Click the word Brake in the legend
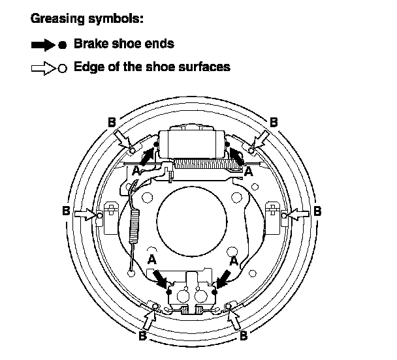(91, 45)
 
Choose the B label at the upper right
(274, 122)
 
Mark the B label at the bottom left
(142, 337)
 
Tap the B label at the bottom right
(243, 337)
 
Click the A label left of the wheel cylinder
(135, 170)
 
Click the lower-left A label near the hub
(152, 260)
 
